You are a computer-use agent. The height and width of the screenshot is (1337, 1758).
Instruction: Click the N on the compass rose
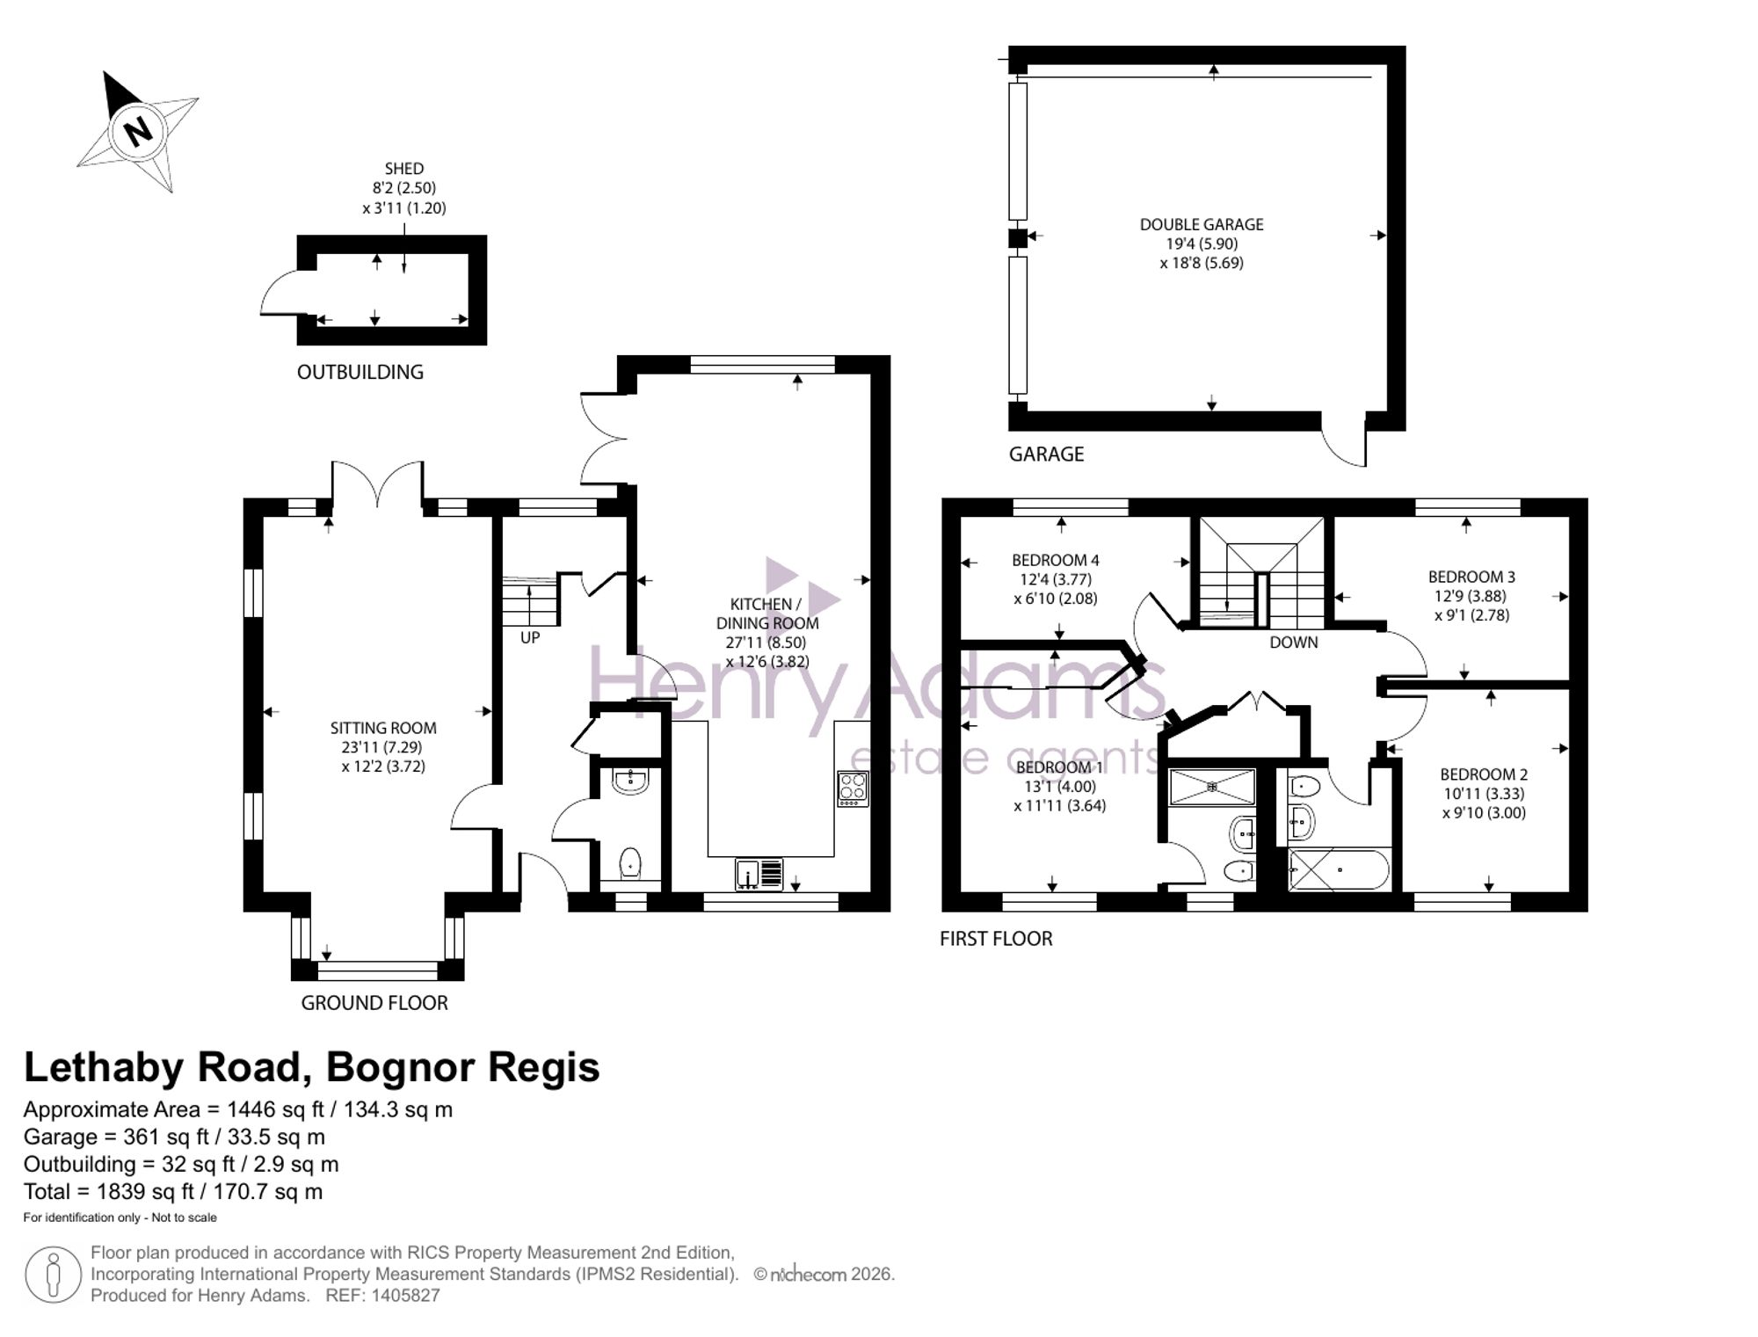click(x=138, y=132)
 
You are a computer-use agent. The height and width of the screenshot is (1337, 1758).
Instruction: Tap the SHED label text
click(x=404, y=168)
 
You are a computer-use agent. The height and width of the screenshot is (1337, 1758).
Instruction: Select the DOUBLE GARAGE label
click(x=1202, y=224)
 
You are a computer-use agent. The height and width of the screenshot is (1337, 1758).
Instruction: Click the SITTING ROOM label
click(x=383, y=728)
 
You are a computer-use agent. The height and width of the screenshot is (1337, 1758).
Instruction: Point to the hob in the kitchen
click(x=853, y=788)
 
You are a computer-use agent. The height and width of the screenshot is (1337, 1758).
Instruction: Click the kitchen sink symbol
click(x=759, y=875)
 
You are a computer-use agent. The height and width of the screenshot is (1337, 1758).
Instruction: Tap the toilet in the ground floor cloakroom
click(x=630, y=864)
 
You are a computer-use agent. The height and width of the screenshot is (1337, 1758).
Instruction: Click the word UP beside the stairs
click(x=530, y=637)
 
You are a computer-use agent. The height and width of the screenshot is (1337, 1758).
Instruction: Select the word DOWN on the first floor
click(x=1294, y=643)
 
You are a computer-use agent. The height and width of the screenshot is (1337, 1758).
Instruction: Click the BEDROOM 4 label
click(x=1056, y=560)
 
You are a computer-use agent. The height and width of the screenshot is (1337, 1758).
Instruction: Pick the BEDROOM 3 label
click(x=1471, y=577)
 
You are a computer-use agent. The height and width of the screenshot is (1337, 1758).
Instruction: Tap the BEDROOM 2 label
click(x=1484, y=774)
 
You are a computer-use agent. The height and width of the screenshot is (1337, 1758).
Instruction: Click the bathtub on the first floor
click(x=1339, y=870)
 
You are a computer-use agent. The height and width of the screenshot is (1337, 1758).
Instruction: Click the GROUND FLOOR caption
click(x=374, y=1003)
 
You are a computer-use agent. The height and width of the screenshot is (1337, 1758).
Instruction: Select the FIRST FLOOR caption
click(x=996, y=939)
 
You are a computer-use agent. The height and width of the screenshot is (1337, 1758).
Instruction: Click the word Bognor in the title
click(x=399, y=1068)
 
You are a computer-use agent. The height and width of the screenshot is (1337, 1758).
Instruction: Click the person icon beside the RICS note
click(x=54, y=1275)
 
